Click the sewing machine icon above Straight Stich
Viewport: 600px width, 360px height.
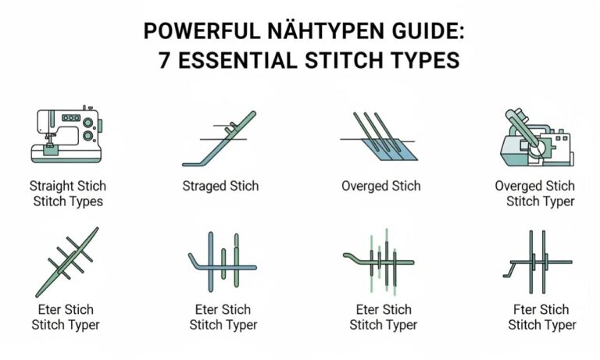click(68, 134)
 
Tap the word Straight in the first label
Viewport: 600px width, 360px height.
click(52, 186)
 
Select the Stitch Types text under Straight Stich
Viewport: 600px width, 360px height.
click(68, 201)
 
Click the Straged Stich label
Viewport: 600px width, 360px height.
click(220, 186)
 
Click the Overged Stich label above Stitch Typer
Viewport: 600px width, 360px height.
click(534, 186)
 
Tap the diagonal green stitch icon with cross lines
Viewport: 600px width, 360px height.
click(67, 262)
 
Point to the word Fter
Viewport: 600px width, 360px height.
click(523, 308)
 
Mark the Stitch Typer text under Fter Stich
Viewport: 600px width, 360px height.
click(541, 325)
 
